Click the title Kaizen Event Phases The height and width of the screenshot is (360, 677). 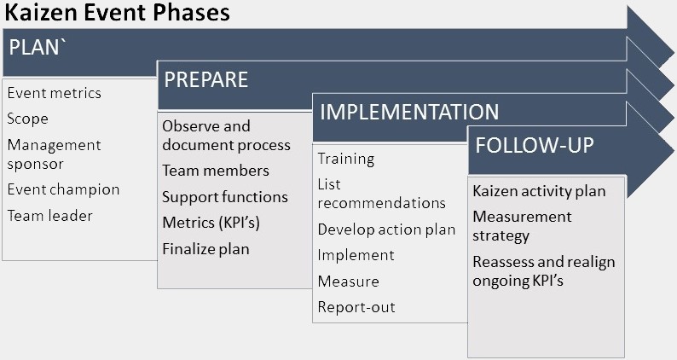point(117,13)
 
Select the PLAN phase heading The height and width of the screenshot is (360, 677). point(38,47)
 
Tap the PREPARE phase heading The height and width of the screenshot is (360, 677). point(206,79)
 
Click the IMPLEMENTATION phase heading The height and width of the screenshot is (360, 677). point(409,112)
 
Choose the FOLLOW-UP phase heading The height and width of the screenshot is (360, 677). point(535,145)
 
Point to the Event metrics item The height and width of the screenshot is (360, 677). point(55,93)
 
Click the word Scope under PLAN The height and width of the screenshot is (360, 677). point(27,119)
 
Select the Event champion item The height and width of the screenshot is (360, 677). point(63,189)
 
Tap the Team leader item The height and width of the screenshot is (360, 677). point(50,216)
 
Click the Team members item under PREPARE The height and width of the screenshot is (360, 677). point(216,171)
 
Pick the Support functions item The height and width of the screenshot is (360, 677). point(225,197)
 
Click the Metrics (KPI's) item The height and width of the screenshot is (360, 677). point(211,223)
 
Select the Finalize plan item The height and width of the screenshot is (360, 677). point(206,249)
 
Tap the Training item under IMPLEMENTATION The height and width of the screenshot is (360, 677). point(346,159)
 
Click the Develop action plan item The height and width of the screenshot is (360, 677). point(386,229)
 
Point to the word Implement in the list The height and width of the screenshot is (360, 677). point(356,255)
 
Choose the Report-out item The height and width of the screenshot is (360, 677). point(356,307)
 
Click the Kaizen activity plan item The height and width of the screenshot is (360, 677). point(539,191)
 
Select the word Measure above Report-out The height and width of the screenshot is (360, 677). point(349,282)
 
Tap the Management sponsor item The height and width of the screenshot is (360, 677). point(54,154)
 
